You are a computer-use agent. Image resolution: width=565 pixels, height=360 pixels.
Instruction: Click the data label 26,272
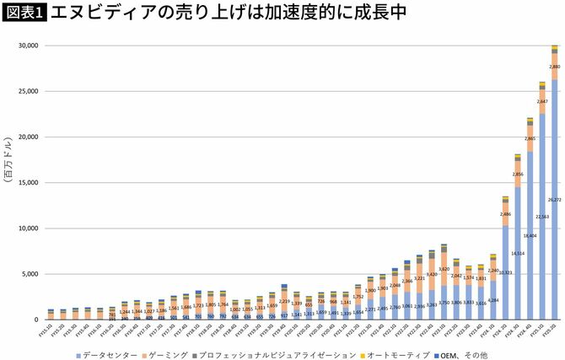coord(554,201)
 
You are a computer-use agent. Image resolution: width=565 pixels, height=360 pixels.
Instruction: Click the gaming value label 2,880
coord(554,67)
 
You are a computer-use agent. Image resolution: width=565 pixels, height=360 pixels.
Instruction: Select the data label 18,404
coord(530,236)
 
